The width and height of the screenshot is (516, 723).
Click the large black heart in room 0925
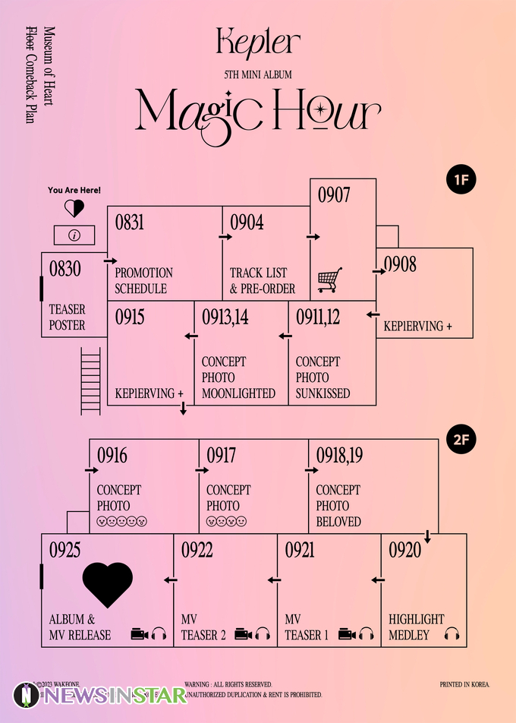(x=108, y=584)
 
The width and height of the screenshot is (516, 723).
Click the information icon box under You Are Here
(x=74, y=235)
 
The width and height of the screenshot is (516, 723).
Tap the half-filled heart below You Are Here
(x=74, y=208)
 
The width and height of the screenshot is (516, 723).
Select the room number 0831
(x=130, y=223)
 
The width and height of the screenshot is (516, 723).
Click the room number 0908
(x=400, y=265)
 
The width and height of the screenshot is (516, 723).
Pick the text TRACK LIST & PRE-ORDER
(x=263, y=280)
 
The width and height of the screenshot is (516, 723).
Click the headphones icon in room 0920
(x=451, y=634)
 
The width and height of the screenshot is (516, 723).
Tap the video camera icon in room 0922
(x=243, y=634)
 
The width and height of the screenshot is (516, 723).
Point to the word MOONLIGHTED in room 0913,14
(x=238, y=393)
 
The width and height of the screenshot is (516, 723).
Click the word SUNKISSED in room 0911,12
(x=322, y=393)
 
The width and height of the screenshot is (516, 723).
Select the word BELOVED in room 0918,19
(x=338, y=522)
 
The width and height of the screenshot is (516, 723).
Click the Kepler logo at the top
(x=258, y=42)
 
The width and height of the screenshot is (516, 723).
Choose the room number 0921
(x=300, y=551)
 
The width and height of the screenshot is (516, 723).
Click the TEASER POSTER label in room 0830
(x=68, y=317)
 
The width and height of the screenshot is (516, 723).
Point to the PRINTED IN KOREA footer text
(x=464, y=684)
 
